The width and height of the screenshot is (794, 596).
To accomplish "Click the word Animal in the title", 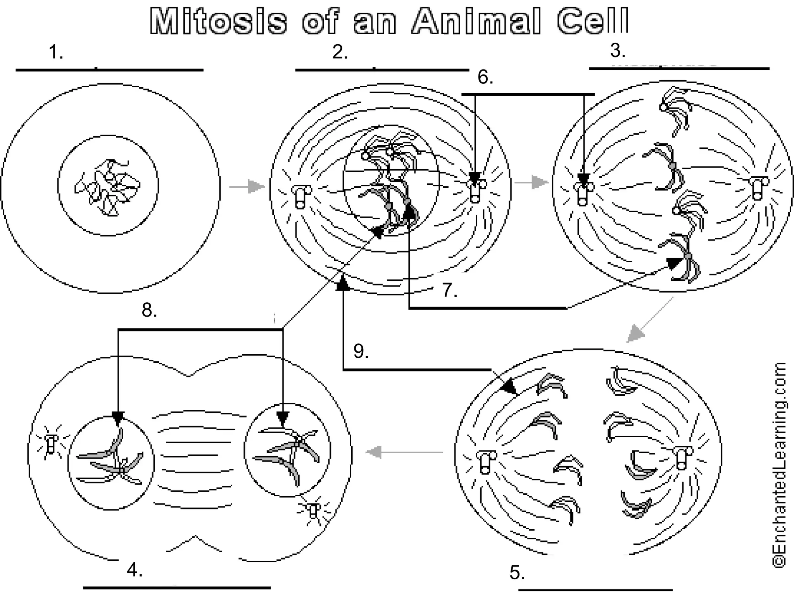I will [475, 21].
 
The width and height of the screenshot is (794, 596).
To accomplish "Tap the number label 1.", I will [55, 52].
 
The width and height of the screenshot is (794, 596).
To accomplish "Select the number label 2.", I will [340, 52].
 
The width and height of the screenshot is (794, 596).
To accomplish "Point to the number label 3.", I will [618, 50].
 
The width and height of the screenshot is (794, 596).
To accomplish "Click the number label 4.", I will [135, 570].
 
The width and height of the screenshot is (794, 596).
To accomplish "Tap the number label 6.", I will [485, 77].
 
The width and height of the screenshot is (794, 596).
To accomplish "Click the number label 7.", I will [450, 290].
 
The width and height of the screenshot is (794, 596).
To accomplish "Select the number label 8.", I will [149, 310].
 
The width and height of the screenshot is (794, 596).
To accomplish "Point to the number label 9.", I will [361, 351].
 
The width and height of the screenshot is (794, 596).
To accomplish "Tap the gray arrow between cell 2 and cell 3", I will [531, 182].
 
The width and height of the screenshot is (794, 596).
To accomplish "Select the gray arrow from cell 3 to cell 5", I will [647, 322].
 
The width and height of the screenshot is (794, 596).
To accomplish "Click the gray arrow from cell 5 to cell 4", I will [403, 452].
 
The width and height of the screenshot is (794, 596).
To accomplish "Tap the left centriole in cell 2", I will [301, 196].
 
